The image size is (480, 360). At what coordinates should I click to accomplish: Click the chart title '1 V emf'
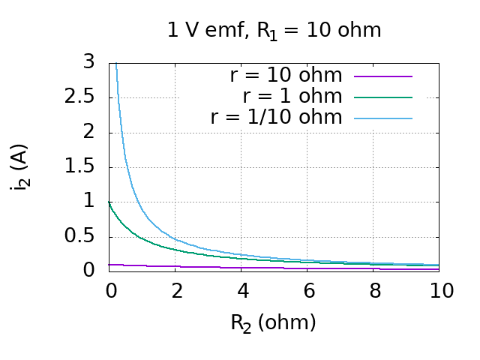click(274, 31)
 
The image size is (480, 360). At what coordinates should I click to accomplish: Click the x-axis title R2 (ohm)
click(273, 323)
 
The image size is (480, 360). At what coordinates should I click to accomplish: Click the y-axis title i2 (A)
click(20, 166)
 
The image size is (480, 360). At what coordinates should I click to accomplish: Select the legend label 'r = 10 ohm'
click(286, 76)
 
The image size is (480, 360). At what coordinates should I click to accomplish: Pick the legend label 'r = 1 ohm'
click(292, 97)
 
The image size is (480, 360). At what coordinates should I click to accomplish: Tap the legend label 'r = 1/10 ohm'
click(276, 118)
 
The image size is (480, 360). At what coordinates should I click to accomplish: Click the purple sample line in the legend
click(383, 76)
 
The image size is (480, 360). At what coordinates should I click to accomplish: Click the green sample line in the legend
click(383, 97)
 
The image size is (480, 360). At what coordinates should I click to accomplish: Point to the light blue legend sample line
click(383, 118)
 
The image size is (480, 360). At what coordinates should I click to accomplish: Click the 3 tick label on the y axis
click(89, 62)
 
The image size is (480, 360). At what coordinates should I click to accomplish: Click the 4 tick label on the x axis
click(243, 291)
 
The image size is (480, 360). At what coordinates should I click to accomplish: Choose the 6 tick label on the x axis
click(309, 291)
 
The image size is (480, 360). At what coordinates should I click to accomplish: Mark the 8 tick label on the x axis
click(375, 291)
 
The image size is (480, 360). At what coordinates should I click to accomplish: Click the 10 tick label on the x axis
click(441, 291)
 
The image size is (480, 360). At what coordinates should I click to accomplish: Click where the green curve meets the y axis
click(110, 201)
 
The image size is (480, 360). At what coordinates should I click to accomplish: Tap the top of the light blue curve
click(116, 64)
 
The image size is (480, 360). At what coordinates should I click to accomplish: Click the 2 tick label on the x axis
click(177, 291)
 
